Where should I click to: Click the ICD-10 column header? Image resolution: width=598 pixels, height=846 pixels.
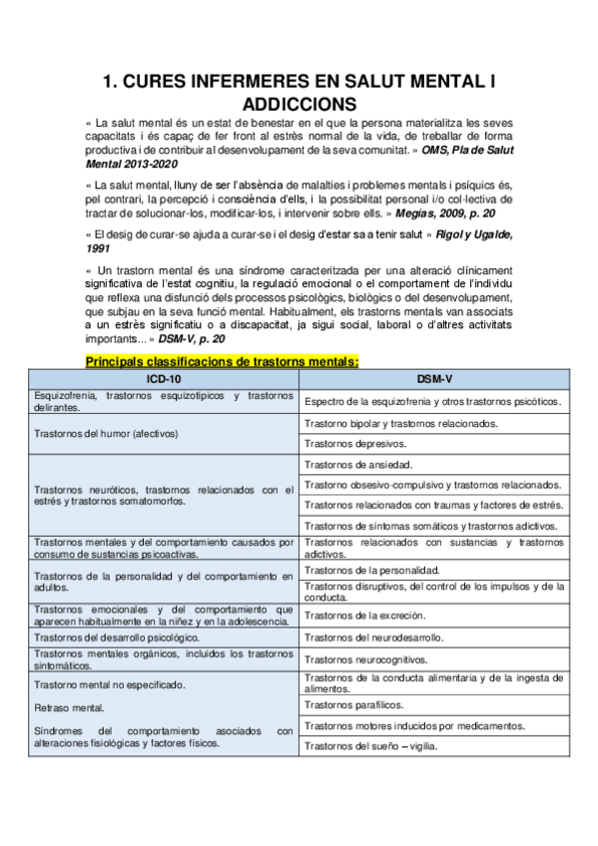(x=163, y=379)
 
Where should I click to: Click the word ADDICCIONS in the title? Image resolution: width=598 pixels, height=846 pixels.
(x=299, y=103)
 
